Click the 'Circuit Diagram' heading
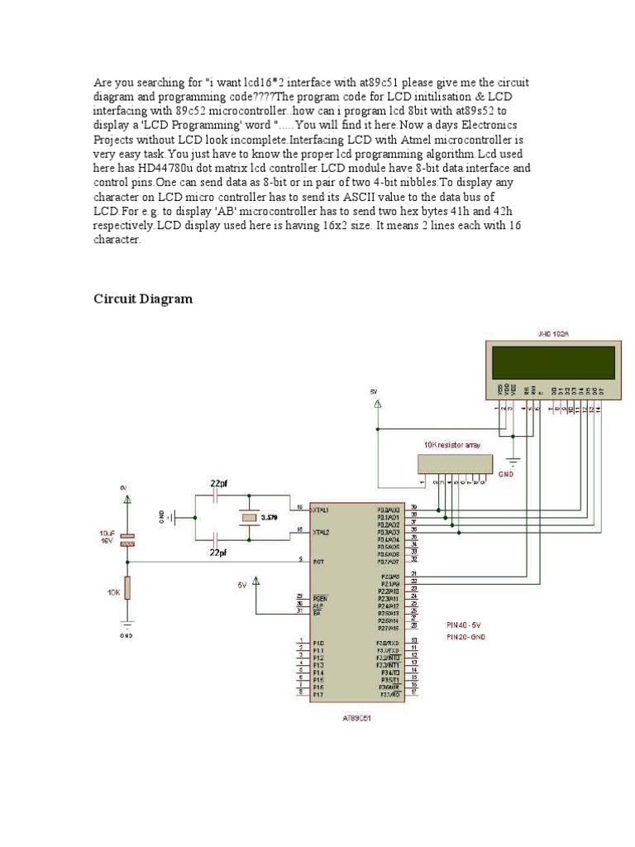[142, 299]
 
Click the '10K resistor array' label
[451, 445]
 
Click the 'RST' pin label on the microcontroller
[317, 562]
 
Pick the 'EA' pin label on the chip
[317, 611]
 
